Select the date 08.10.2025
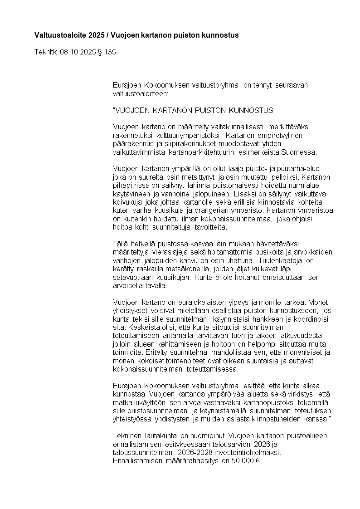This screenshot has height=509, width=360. [x=78, y=52]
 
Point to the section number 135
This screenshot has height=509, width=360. [x=110, y=52]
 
